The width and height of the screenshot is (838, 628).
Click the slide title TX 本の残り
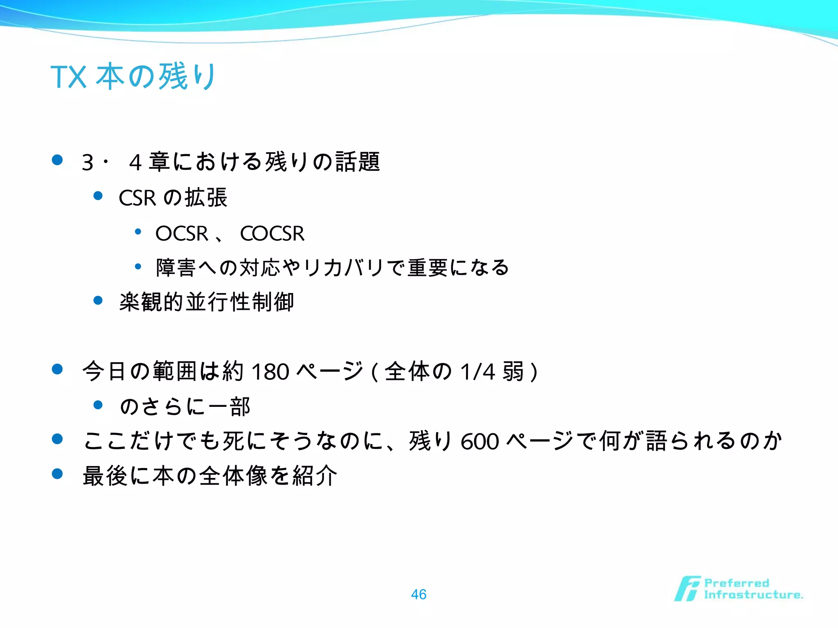click(x=133, y=76)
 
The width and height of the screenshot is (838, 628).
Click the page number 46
click(x=419, y=594)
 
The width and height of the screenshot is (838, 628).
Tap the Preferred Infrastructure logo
click(x=739, y=589)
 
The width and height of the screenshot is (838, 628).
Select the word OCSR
click(x=182, y=234)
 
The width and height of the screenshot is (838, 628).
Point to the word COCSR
click(x=272, y=234)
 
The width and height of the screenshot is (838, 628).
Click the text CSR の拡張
click(x=173, y=198)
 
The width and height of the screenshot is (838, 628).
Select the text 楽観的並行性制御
click(x=207, y=302)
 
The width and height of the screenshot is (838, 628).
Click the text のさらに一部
click(x=185, y=407)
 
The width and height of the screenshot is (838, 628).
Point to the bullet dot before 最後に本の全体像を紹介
click(x=57, y=474)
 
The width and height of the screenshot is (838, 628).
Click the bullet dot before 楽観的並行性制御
click(x=98, y=301)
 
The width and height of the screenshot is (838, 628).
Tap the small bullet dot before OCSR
click(x=138, y=232)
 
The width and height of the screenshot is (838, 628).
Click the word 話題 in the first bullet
click(x=358, y=162)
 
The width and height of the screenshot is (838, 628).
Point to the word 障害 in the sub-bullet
click(x=176, y=268)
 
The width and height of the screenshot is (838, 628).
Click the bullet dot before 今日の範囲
click(x=57, y=369)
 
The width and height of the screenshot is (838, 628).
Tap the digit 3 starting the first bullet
click(x=88, y=163)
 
